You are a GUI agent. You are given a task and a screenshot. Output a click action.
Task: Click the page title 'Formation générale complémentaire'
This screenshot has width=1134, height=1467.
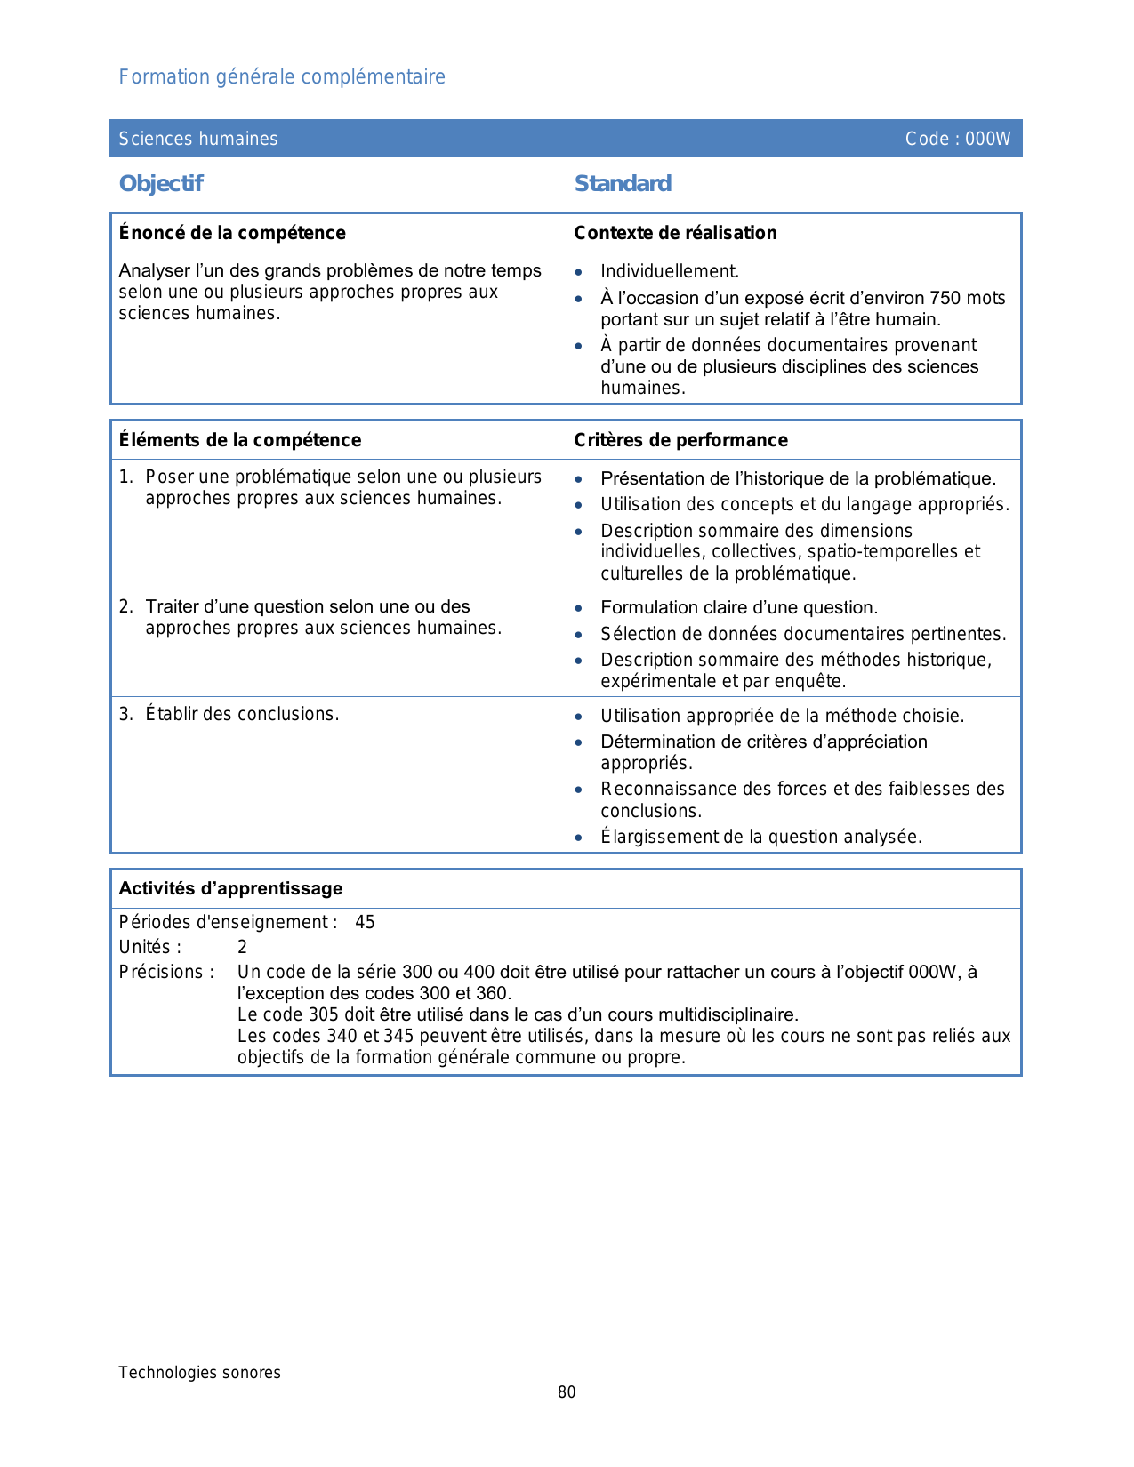pos(282,77)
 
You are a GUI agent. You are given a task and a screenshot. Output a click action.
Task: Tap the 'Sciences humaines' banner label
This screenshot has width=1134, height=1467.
pos(198,139)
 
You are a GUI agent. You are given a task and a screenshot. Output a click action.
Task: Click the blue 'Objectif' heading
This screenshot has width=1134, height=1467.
pos(161,184)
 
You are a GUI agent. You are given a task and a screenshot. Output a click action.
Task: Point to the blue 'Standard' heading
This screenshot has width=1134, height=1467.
pos(623,184)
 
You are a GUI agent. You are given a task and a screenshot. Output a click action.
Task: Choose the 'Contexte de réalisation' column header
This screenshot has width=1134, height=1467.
pos(675,233)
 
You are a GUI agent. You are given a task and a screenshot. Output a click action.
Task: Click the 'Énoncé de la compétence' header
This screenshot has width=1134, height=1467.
pos(232,233)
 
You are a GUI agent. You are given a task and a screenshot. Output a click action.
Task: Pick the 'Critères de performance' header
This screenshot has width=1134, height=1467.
pos(680,440)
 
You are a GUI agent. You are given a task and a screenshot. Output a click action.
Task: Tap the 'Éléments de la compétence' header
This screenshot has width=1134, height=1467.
pos(240,440)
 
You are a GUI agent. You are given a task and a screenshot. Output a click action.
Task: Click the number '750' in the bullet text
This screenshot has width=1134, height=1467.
pos(945,298)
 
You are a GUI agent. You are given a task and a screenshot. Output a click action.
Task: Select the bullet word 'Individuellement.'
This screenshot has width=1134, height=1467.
pos(670,272)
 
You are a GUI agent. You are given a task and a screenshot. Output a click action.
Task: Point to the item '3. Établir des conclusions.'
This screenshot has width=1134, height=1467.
pos(229,714)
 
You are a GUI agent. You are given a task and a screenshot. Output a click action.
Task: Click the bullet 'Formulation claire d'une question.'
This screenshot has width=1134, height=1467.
pos(739,608)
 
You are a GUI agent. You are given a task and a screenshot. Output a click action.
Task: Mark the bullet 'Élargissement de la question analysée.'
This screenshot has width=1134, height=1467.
pos(761,837)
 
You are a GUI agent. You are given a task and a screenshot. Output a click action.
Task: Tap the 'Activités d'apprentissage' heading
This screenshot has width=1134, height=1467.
pos(230,888)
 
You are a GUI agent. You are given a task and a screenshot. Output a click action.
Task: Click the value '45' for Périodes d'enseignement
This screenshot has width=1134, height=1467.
pos(365,922)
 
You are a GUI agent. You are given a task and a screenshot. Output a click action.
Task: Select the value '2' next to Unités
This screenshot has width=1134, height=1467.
pos(242,947)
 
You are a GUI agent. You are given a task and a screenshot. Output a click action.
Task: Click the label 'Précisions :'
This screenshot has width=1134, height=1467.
pos(166,972)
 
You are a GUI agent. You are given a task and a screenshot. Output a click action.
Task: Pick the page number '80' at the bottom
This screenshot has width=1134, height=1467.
pos(567,1392)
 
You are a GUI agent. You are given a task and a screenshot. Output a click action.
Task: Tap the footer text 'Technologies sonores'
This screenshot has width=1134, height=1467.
pos(199,1373)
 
